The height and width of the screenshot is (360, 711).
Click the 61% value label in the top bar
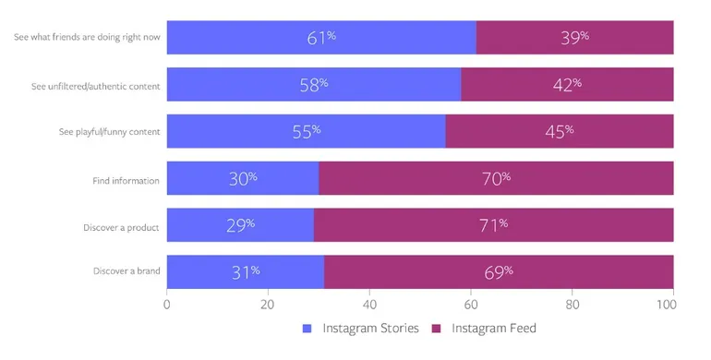point(320,38)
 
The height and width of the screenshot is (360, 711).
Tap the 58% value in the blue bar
point(313,85)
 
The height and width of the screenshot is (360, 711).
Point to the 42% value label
point(566,85)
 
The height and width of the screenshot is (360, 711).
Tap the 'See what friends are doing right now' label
point(87,38)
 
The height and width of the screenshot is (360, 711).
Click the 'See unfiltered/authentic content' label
point(95,86)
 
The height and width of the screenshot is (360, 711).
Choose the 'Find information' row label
point(126,180)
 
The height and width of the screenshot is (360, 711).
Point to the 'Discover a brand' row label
point(127,272)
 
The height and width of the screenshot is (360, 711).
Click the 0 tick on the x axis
point(167,304)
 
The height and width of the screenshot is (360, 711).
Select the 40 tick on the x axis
point(369,304)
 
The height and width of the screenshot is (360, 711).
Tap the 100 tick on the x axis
point(672,304)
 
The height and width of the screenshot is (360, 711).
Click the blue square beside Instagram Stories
point(307,329)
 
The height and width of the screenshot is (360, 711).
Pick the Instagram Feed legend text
point(493,329)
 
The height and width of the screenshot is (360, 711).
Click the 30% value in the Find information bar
point(242,179)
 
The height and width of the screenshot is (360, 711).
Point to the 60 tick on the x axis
point(471,304)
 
